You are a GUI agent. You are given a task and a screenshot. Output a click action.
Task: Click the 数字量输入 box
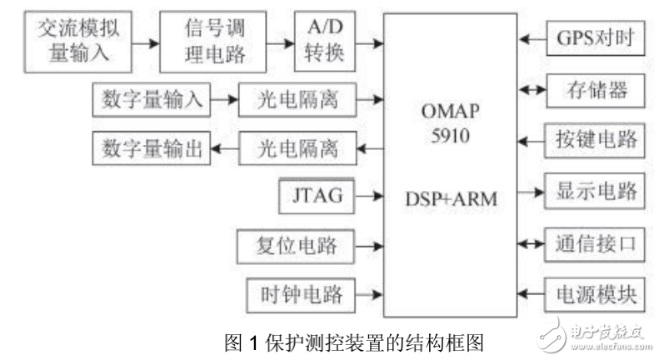click(x=149, y=101)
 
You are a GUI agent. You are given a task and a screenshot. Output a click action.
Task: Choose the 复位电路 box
click(x=297, y=246)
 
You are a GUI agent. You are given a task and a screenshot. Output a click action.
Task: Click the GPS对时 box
click(x=594, y=39)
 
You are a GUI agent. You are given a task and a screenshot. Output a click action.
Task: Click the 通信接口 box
click(x=594, y=243)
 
